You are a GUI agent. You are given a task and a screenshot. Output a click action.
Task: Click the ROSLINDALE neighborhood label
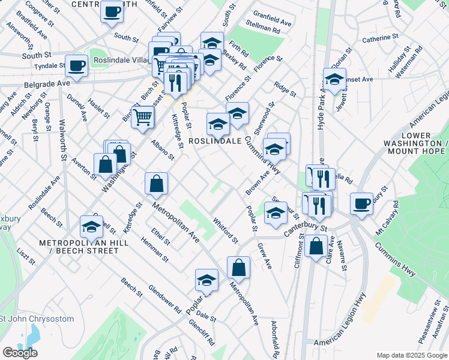pos(215,141)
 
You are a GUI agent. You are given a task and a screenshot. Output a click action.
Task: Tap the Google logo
pos(20,353)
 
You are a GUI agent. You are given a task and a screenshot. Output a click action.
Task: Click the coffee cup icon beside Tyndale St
pos(77,65)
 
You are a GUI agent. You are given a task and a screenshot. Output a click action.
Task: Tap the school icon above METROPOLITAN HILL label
pos(92,226)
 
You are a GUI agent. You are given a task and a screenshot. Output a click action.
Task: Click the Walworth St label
pos(62,139)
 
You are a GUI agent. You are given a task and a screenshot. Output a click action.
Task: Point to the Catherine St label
pos(381,39)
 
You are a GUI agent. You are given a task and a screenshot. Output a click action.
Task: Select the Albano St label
pos(162,149)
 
